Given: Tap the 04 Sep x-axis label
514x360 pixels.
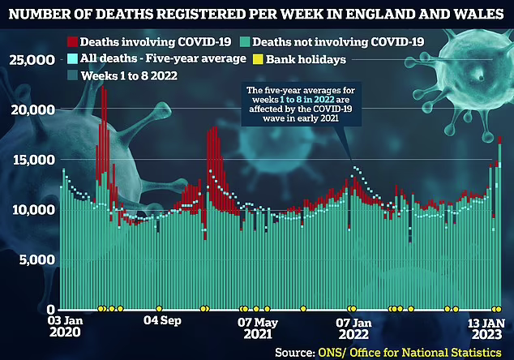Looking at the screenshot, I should (x=161, y=320).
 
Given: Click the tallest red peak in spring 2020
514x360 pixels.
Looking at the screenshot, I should (x=103, y=89).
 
